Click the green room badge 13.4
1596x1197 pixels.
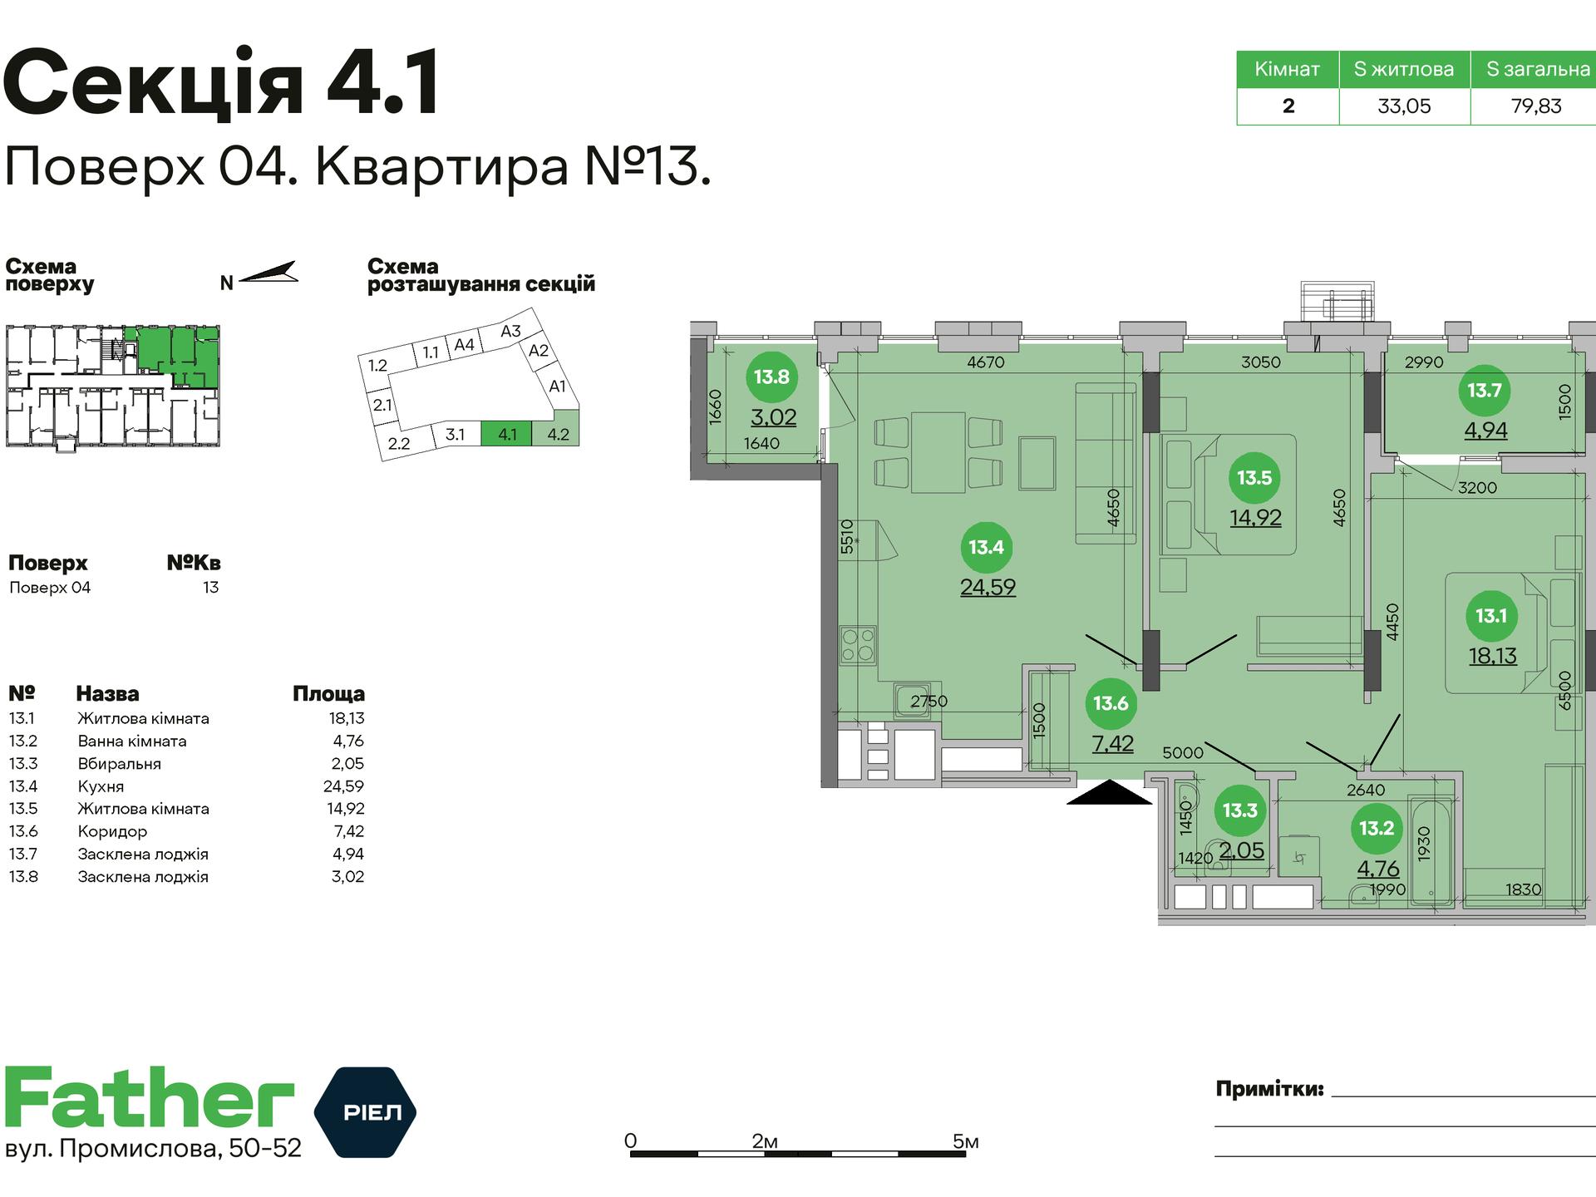986,547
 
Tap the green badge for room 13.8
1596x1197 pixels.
771,377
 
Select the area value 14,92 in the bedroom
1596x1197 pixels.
1255,518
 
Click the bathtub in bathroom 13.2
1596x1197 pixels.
1430,848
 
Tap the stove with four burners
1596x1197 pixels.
858,644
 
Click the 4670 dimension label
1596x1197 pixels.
986,362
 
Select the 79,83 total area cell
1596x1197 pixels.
1536,106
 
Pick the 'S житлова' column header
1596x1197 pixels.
1404,69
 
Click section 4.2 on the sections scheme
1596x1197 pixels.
558,434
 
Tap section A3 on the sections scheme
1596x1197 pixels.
510,331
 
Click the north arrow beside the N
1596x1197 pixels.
268,273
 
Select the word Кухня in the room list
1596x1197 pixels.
101,786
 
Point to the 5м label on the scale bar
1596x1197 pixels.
965,1141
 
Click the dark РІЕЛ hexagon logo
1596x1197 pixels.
365,1111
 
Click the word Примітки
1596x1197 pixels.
1269,1089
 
